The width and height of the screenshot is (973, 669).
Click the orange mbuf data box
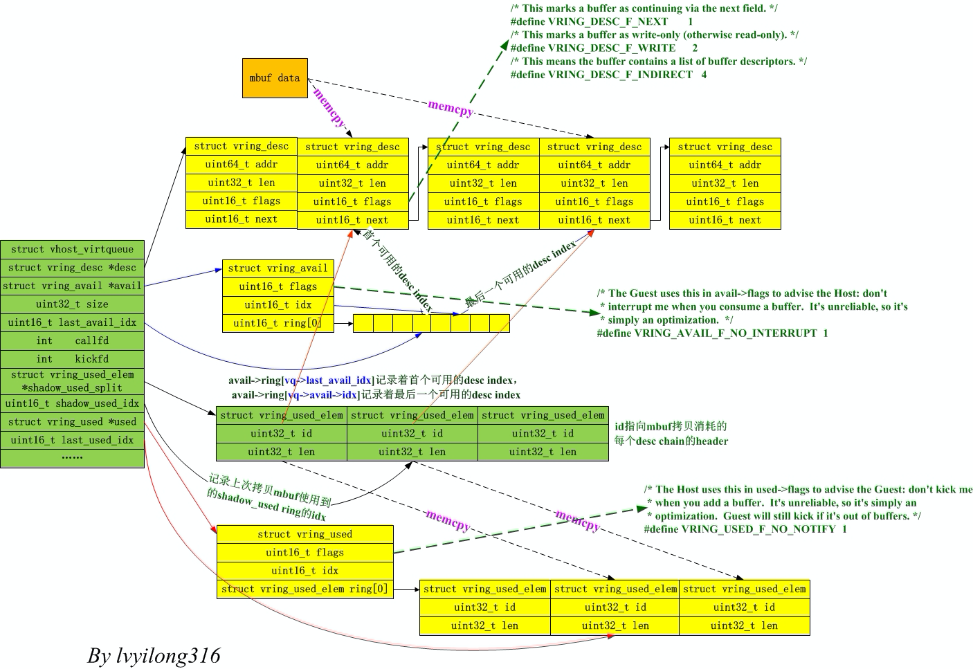tap(275, 78)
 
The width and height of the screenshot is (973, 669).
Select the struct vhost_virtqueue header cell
tap(72, 249)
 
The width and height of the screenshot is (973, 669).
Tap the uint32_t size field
tap(72, 304)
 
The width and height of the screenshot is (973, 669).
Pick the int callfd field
tap(72, 341)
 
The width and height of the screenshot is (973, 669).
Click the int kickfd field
tap(72, 359)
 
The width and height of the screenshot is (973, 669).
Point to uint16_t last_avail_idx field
tap(72, 322)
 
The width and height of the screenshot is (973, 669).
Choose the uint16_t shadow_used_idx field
tap(72, 403)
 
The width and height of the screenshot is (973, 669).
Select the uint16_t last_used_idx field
tap(72, 440)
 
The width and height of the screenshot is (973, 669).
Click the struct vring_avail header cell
tap(278, 268)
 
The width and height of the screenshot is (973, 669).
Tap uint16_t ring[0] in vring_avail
tap(278, 323)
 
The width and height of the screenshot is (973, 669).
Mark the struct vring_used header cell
tap(304, 534)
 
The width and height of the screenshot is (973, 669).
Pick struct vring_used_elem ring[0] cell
tap(304, 589)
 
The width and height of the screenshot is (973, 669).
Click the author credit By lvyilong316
tap(154, 655)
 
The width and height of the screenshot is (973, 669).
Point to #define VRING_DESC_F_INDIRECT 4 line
tap(608, 75)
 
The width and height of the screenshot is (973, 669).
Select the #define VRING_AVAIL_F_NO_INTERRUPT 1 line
tap(712, 333)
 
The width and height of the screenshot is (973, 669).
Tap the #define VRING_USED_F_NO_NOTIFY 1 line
tap(745, 529)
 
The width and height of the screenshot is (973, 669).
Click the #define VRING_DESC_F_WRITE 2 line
tap(604, 48)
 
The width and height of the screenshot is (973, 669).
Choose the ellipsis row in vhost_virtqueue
tap(72, 457)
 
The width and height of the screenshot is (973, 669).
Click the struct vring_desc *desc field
tap(72, 268)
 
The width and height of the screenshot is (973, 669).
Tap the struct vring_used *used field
tap(72, 422)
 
